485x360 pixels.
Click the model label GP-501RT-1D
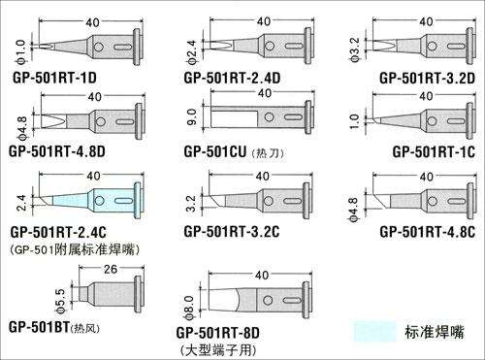pos(54,78)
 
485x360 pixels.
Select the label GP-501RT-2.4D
pos(232,78)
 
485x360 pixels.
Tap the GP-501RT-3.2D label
pos(427,78)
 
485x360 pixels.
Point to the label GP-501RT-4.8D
pos(57,151)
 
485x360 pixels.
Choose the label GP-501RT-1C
pos(434,151)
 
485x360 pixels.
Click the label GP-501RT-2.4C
pos(58,232)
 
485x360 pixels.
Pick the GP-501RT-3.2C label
pos(232,232)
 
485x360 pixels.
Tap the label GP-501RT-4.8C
pos(427,232)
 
